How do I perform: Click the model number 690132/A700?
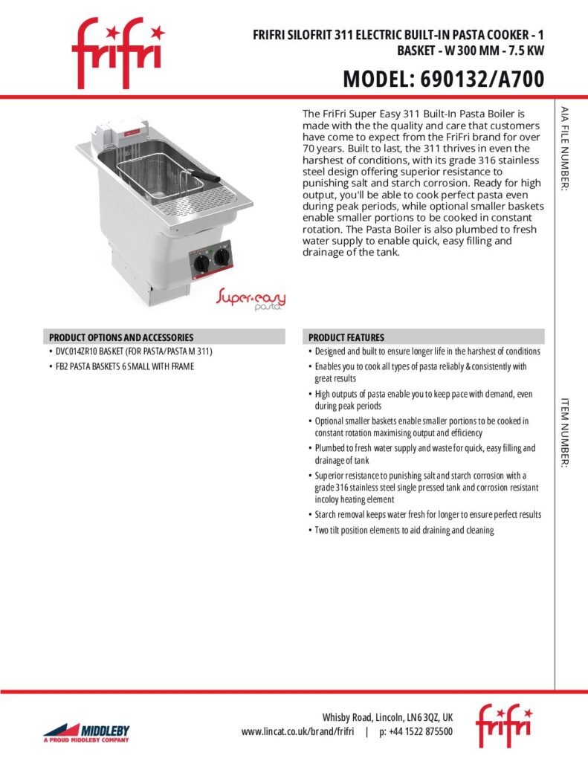(x=443, y=78)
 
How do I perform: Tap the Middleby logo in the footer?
(x=85, y=731)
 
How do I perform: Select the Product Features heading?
(x=346, y=337)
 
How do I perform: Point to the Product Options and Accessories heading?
(x=121, y=337)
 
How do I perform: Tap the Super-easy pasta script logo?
(x=251, y=300)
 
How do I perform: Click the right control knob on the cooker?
(x=221, y=257)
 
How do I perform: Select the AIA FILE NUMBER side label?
(x=565, y=149)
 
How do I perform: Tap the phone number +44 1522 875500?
(x=416, y=732)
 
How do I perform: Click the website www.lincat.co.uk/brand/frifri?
(x=297, y=732)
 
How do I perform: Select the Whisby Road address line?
(x=387, y=718)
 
